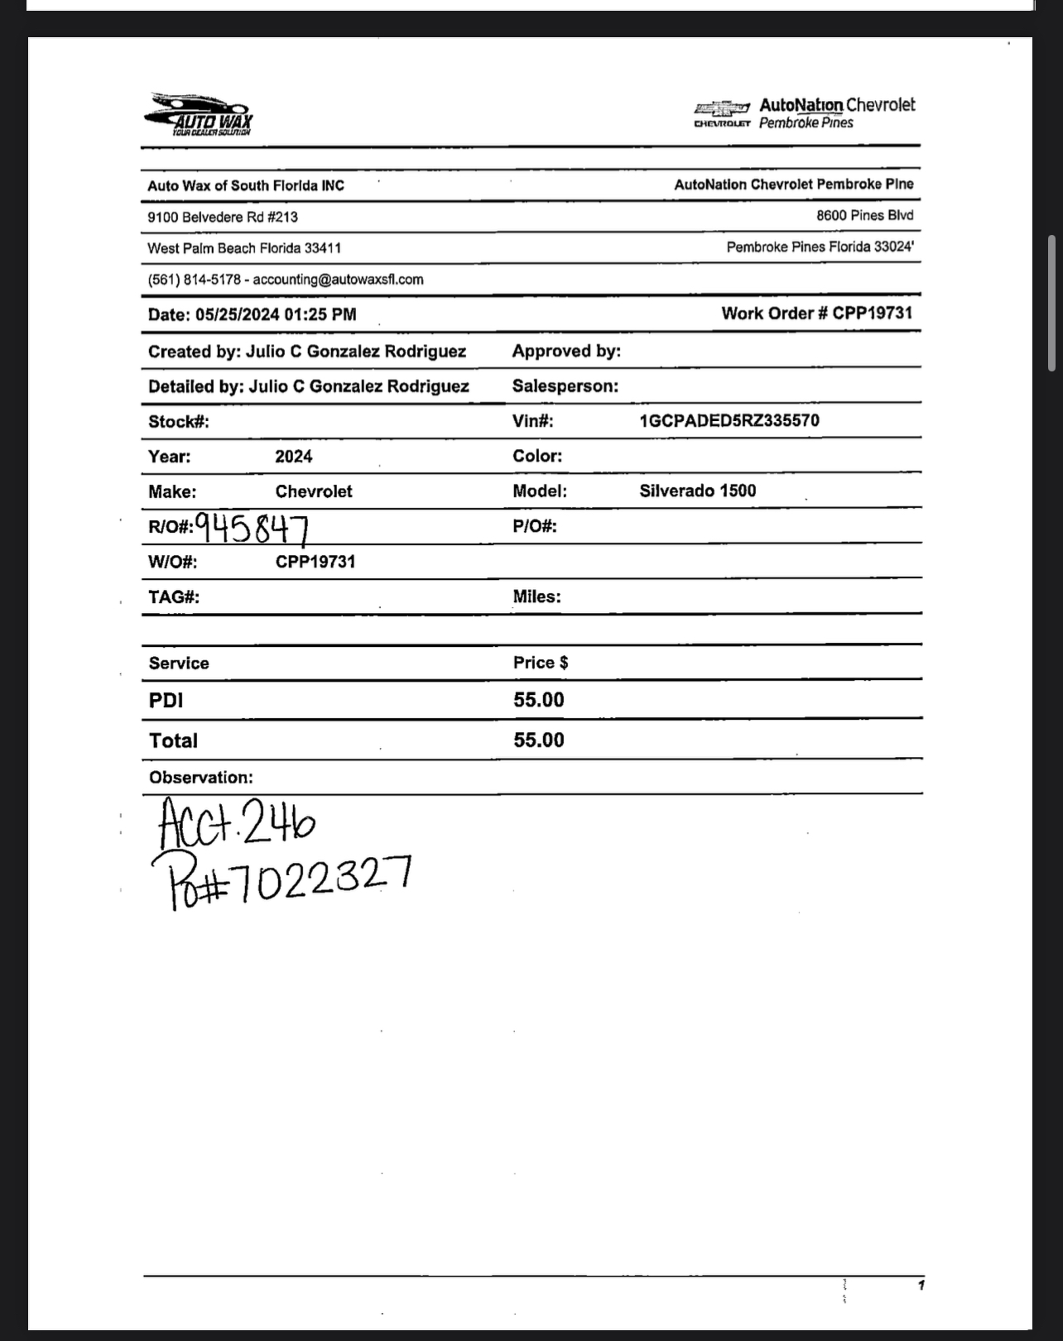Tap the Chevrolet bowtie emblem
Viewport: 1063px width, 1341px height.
click(722, 108)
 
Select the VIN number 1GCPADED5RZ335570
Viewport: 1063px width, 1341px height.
click(729, 420)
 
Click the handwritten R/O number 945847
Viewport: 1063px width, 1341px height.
click(253, 527)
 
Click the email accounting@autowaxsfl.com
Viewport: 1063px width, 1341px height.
click(338, 280)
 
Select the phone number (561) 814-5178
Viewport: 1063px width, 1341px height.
click(194, 280)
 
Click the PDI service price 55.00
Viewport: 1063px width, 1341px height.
click(538, 700)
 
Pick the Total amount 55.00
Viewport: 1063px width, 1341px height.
click(538, 740)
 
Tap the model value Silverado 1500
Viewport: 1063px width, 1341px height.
click(697, 491)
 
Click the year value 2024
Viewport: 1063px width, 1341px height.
click(294, 457)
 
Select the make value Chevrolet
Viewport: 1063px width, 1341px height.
click(314, 491)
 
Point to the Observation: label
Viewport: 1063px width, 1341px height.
click(201, 778)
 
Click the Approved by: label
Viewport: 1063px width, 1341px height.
click(566, 351)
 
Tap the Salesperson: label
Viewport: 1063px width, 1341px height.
click(565, 386)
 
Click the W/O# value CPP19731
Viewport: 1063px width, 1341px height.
click(315, 562)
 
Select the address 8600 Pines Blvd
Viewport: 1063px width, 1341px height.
click(864, 216)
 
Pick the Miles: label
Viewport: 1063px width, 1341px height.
click(536, 596)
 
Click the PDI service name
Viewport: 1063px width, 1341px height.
click(166, 700)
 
